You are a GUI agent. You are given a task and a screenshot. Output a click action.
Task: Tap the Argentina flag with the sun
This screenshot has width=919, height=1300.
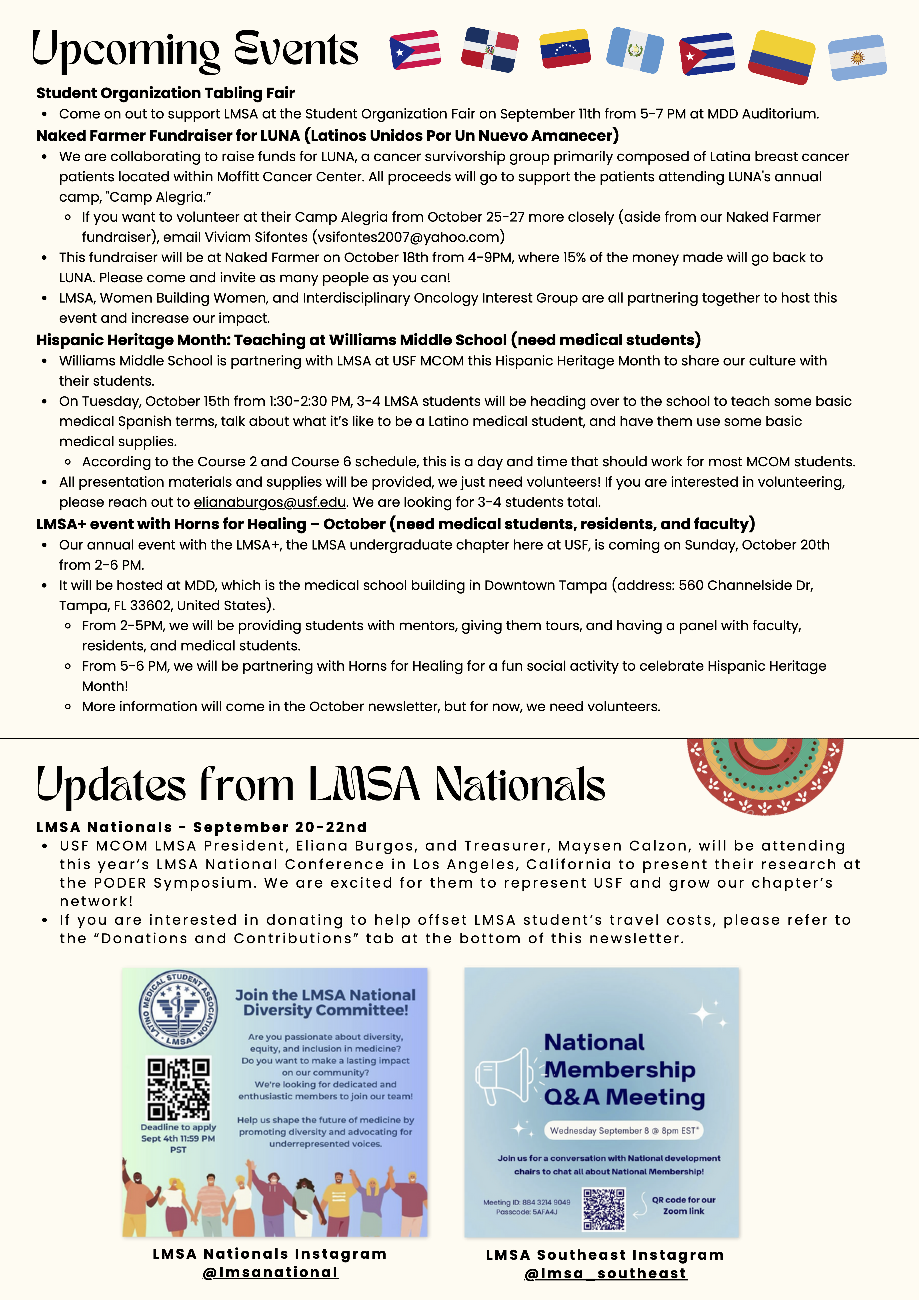point(857,57)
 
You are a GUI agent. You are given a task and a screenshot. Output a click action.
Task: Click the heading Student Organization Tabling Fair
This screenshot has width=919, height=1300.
point(165,93)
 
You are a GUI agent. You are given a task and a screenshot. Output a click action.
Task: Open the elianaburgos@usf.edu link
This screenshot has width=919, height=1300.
point(270,502)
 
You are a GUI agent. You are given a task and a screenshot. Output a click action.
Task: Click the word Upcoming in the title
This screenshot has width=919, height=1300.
point(126,50)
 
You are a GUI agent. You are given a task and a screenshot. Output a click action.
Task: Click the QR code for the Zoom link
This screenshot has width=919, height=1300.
point(604,1209)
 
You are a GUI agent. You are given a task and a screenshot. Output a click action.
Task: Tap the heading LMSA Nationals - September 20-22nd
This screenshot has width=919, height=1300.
point(201,827)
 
